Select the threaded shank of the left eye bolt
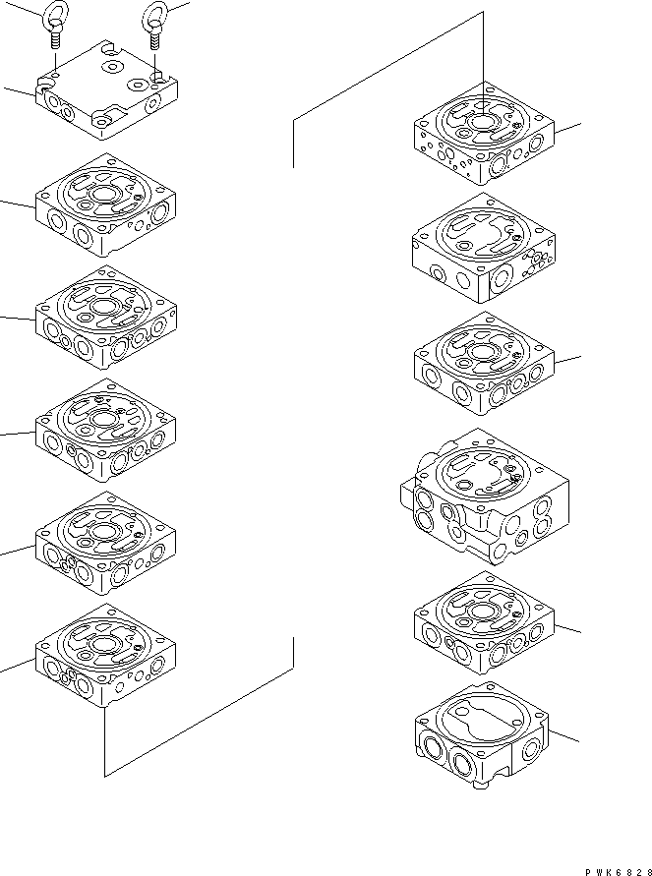55,39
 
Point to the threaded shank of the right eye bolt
156,39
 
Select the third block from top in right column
486,365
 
